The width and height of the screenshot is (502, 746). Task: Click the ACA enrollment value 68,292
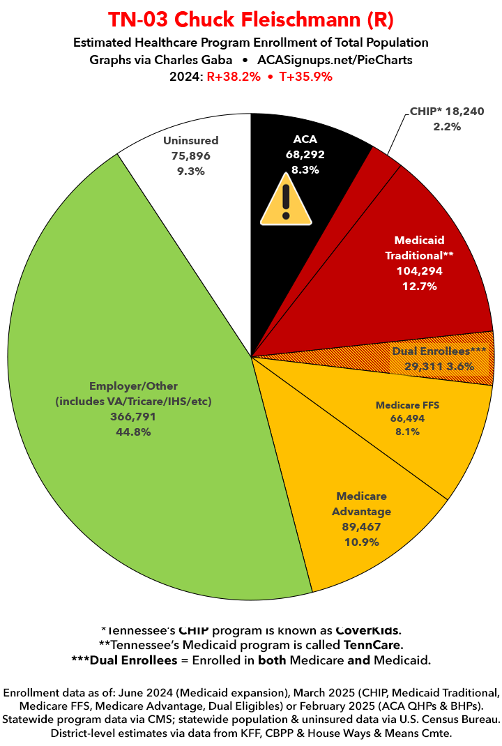pos(305,155)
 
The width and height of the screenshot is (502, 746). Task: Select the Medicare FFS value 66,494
pos(407,418)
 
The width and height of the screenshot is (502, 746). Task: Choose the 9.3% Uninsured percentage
pos(190,170)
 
